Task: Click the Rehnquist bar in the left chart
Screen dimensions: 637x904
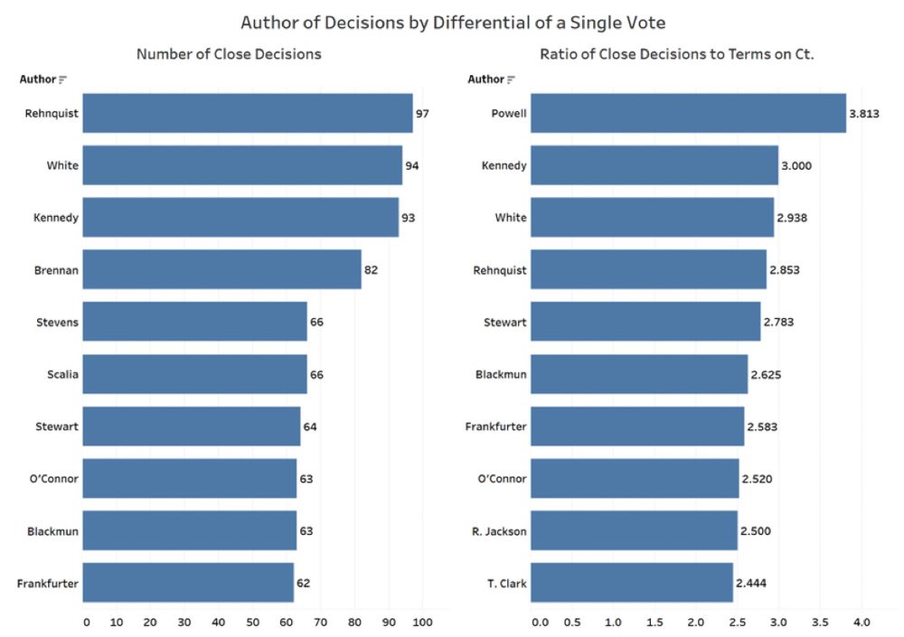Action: coord(247,114)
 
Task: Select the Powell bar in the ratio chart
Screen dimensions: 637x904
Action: coord(688,114)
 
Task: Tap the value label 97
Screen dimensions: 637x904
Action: coord(422,114)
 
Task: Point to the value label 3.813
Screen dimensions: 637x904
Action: coord(865,114)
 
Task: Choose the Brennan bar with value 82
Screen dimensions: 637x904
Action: coord(221,269)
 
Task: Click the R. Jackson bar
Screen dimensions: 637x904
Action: coord(634,530)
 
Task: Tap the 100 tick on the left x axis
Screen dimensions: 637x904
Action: coord(422,622)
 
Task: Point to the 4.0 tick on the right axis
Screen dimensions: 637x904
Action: coord(861,622)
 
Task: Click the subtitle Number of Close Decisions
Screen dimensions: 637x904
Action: coord(229,54)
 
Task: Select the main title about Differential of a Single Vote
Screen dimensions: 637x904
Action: coord(452,21)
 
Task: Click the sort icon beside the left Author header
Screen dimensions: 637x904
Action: coord(63,80)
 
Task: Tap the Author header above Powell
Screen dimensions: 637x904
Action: coord(485,80)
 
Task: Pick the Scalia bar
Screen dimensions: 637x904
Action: coord(194,374)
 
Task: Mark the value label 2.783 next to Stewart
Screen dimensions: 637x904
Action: coord(777,322)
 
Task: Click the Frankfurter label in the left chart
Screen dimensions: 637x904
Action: coord(48,584)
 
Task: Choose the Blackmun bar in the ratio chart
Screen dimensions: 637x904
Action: coord(639,374)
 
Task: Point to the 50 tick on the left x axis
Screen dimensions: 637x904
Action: coord(254,622)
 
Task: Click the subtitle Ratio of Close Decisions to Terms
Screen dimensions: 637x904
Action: coord(677,54)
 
